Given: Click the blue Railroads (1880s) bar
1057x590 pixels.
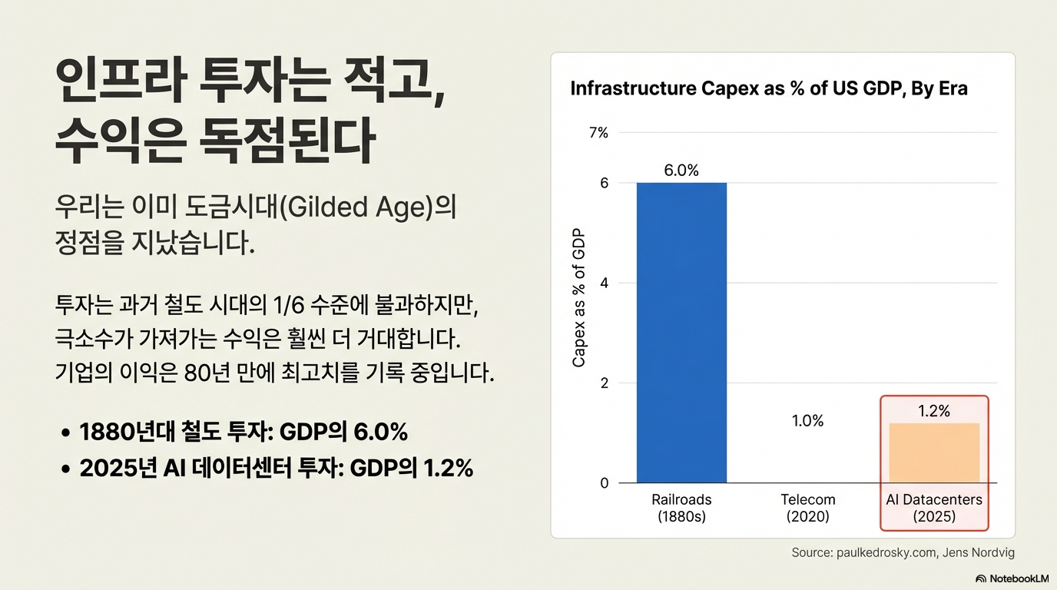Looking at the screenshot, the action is coord(681,333).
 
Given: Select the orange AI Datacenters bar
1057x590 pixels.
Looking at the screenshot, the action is coord(934,453).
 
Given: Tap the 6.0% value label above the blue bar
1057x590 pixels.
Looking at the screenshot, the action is coord(681,170).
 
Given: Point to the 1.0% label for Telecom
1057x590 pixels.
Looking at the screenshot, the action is coord(807,420).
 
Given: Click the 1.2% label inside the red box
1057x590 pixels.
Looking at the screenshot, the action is coord(934,411).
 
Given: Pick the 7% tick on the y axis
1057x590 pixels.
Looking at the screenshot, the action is coord(598,133).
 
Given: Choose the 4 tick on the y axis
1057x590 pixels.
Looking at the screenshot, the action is coord(604,283).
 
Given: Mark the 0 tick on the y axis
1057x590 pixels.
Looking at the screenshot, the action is coord(604,483).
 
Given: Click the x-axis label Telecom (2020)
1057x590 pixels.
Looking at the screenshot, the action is coord(808,508).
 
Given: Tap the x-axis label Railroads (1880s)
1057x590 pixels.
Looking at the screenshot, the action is coord(681,508).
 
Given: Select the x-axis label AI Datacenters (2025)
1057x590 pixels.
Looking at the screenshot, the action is coord(934,508).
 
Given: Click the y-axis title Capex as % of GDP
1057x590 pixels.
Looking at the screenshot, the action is coord(578,297).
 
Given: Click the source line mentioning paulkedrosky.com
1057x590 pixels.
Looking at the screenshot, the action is coord(903,552).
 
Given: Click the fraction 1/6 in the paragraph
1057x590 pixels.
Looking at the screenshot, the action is coord(288,305).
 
